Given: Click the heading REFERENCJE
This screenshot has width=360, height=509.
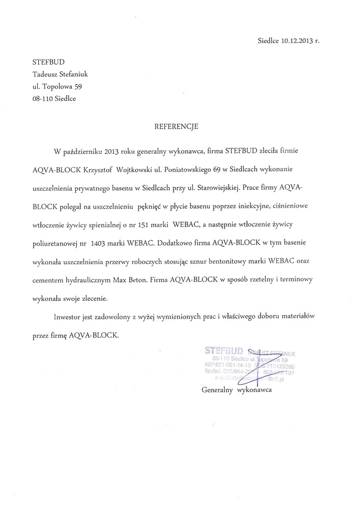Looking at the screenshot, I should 176,127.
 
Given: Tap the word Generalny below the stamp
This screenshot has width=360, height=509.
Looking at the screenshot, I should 215,390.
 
